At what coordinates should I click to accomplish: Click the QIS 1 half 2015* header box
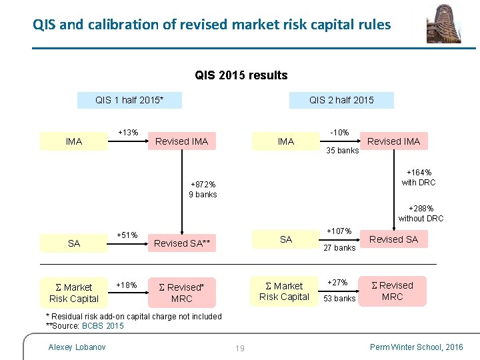pos(129,101)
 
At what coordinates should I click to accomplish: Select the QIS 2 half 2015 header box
pos(341,101)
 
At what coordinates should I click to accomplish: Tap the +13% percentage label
pos(128,132)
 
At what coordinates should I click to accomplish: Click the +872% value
pos(203,184)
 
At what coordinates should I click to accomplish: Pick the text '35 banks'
pos(343,150)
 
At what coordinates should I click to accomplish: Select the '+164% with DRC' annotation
pos(418,177)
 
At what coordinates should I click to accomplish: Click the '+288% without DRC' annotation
pos(421,213)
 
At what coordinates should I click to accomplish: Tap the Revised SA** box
pos(182,243)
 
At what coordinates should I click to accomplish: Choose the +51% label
pos(127,235)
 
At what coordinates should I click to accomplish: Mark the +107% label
pos(339,231)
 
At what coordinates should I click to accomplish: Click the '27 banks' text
pos(339,248)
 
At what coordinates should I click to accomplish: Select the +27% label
pos(339,282)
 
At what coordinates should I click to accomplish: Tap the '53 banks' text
pos(339,299)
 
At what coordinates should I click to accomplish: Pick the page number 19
pos(240,347)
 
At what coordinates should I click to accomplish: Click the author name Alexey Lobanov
pos(77,347)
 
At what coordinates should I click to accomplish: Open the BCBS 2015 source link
pos(103,326)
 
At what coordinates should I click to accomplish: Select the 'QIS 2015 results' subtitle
pos(241,75)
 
